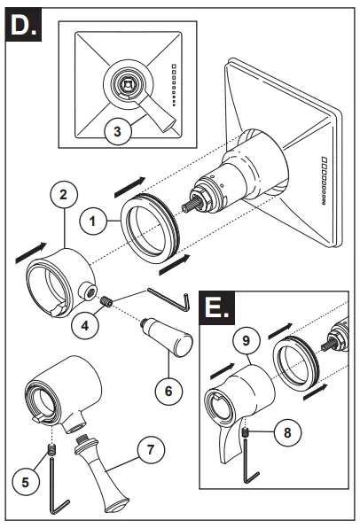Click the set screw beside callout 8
246,431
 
